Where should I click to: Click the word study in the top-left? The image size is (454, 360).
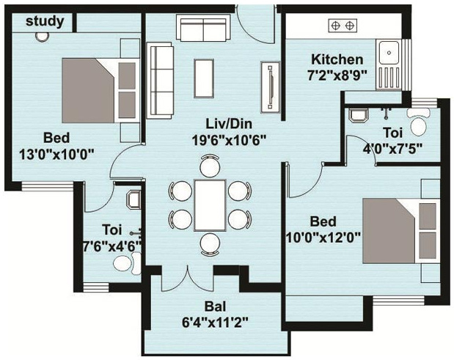pos(44,21)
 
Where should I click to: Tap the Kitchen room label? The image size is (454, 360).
pos(337,59)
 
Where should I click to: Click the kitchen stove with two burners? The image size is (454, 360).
pos(343,25)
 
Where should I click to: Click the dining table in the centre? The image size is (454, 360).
pos(210,205)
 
